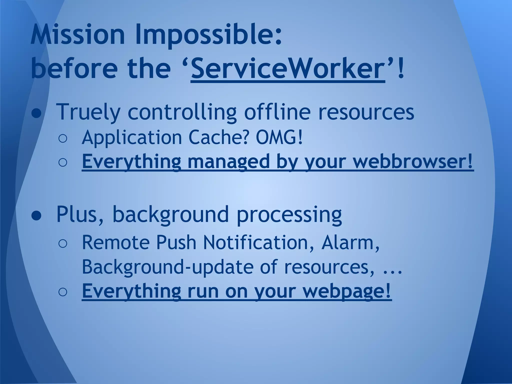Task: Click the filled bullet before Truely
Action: click(x=36, y=113)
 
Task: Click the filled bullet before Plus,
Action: click(x=36, y=216)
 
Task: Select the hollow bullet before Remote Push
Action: click(x=62, y=243)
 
